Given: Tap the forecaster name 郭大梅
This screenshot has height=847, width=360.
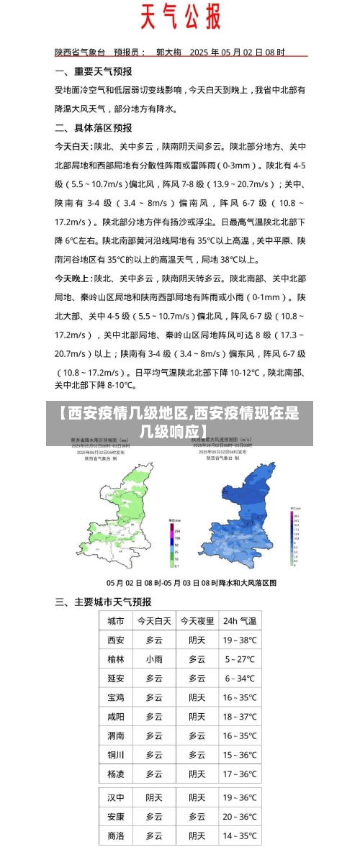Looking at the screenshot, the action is click(x=168, y=52).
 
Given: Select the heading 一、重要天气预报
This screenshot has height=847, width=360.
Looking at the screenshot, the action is click(x=94, y=71).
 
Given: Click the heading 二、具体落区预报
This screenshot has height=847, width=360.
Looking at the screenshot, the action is click(x=94, y=127).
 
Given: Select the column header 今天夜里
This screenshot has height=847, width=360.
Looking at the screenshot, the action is click(x=197, y=620).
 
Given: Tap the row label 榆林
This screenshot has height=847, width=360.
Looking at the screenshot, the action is click(x=116, y=658).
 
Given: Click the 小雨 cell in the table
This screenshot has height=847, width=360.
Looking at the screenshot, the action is click(x=154, y=658).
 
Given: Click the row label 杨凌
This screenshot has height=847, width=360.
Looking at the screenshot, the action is click(x=116, y=774).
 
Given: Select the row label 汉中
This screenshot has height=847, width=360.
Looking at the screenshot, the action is click(x=116, y=797).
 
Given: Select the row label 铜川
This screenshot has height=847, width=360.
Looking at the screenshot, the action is click(x=116, y=755).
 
